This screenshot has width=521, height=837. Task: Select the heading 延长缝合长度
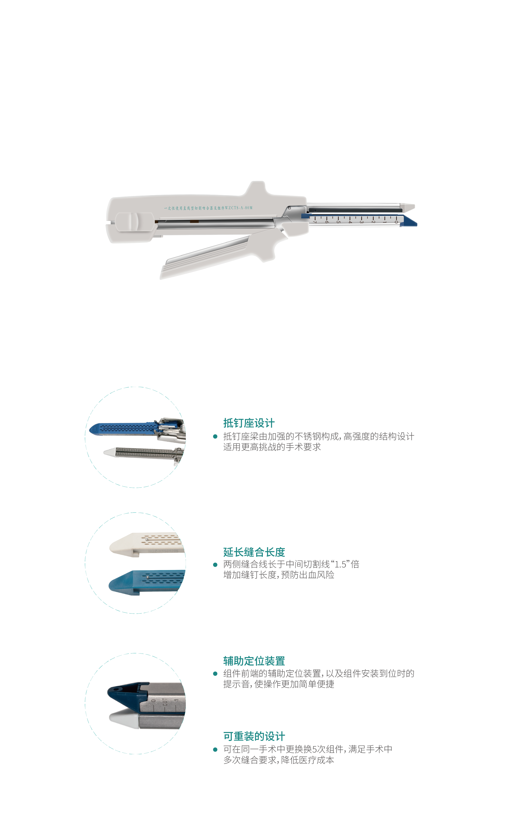(x=254, y=552)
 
